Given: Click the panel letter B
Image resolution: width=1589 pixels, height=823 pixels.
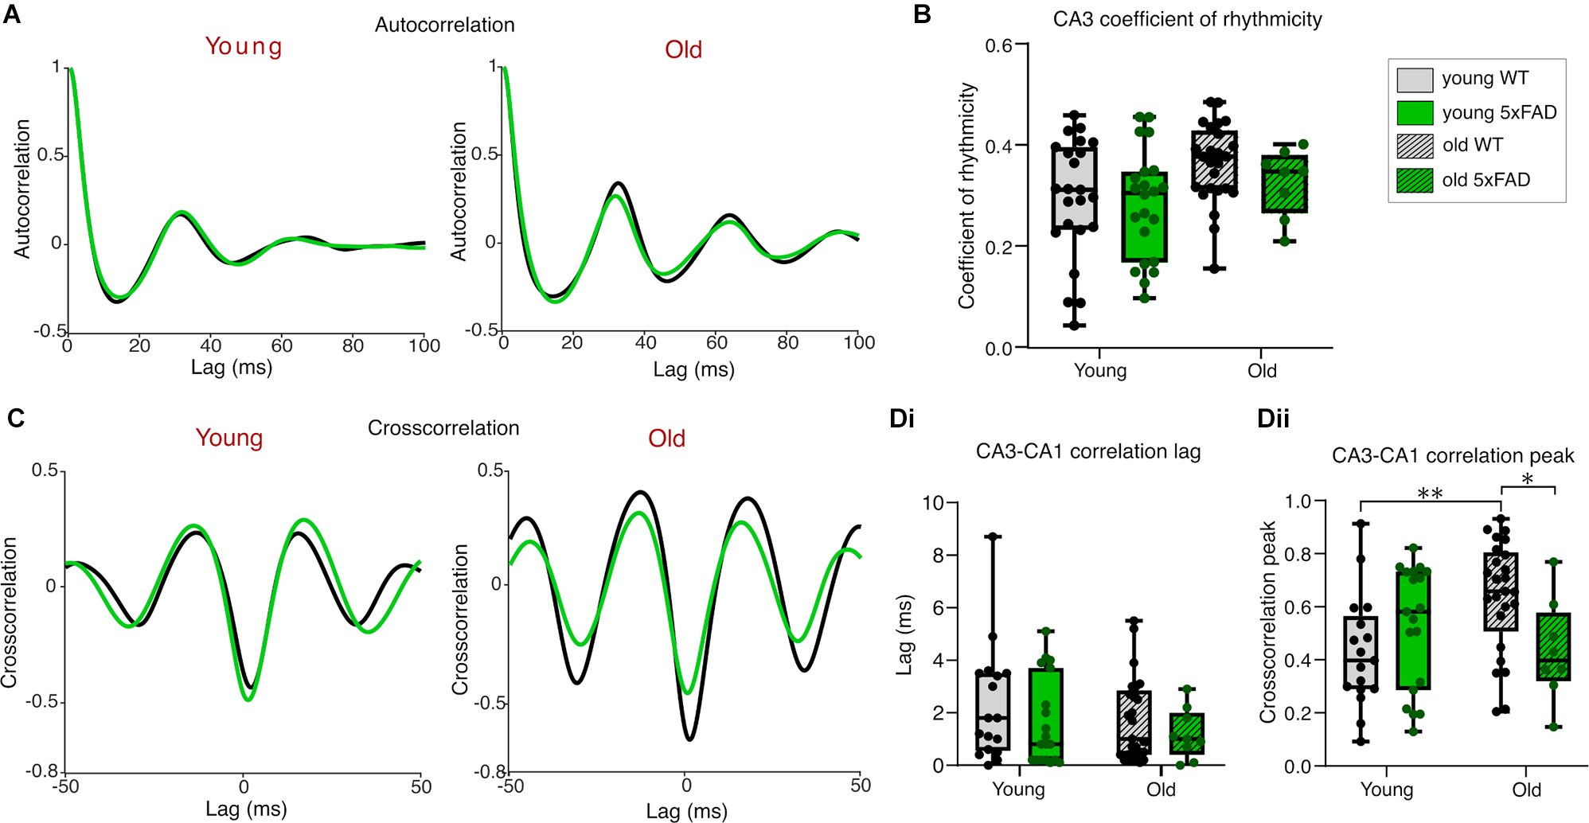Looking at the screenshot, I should (x=922, y=14).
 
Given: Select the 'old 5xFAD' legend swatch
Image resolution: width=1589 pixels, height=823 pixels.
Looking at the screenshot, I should (x=1415, y=180).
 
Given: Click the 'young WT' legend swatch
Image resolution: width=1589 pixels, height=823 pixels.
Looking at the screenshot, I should (x=1415, y=79).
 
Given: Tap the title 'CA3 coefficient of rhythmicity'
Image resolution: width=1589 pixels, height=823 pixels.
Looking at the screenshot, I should (x=1187, y=19).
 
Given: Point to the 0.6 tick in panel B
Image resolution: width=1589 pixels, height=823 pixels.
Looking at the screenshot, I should (x=998, y=45).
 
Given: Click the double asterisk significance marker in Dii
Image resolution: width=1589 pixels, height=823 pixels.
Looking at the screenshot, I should (x=1430, y=493).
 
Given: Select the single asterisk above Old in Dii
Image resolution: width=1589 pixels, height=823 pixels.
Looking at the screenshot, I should (x=1527, y=479).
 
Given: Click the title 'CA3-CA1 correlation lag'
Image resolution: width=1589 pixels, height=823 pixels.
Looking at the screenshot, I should (x=1087, y=451).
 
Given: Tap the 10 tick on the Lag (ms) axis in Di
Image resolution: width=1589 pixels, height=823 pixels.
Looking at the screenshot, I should (x=933, y=503).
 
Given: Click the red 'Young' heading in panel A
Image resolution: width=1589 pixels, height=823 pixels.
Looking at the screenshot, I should (x=244, y=46).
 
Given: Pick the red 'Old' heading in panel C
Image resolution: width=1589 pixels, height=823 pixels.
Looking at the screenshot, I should (x=666, y=439).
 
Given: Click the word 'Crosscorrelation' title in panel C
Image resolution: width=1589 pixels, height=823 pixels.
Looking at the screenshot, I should (x=443, y=428).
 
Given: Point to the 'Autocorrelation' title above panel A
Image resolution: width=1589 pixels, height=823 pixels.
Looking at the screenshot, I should (x=444, y=25).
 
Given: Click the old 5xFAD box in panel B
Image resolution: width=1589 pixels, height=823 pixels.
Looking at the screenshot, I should (x=1284, y=185).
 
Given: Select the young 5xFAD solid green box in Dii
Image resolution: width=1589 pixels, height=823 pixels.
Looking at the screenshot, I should (x=1412, y=629).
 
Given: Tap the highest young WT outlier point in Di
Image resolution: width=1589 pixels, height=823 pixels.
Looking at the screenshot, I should (x=993, y=536).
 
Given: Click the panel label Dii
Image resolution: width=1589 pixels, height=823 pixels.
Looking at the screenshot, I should (x=1272, y=419).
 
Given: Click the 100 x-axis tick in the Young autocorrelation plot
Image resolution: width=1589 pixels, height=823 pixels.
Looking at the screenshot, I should (x=424, y=345).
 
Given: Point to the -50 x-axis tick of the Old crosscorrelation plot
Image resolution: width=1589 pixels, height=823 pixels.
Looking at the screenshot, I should (x=510, y=786).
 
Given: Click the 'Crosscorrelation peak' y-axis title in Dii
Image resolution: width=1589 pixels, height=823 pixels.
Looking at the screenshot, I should (x=1267, y=622).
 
